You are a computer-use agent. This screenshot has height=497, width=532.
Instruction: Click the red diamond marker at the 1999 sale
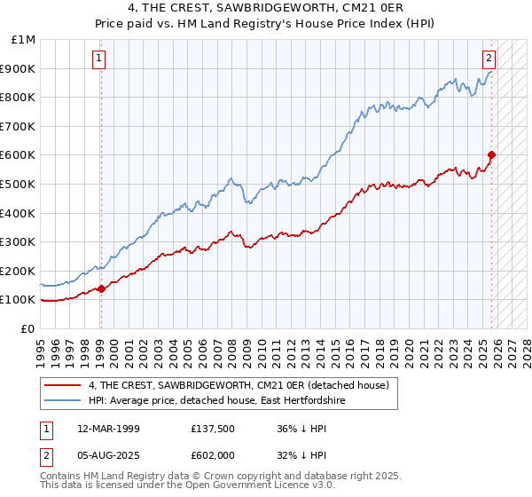(101, 288)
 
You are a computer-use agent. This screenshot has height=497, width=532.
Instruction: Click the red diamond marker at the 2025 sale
(491, 154)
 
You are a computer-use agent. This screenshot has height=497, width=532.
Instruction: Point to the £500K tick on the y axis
(18, 184)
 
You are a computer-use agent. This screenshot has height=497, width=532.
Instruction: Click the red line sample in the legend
(64, 385)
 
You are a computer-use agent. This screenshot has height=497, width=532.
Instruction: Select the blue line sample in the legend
(64, 400)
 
